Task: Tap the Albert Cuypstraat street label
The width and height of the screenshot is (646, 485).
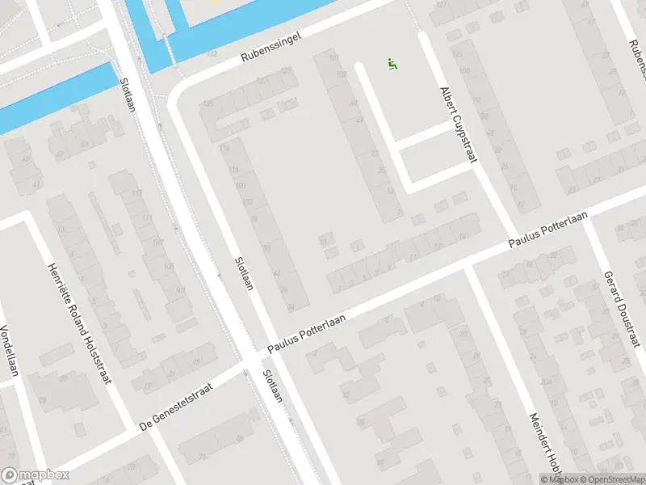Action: coord(455,125)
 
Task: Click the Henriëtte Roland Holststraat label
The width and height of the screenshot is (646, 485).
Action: coord(78,324)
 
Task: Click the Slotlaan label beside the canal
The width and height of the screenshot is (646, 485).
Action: coord(127,95)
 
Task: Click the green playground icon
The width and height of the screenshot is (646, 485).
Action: coord(392,63)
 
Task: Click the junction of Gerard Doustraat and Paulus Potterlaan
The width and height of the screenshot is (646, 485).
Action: coord(588,214)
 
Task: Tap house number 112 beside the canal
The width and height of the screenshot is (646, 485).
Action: coord(212,54)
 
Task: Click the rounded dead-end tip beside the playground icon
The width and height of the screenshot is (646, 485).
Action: coord(359,67)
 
